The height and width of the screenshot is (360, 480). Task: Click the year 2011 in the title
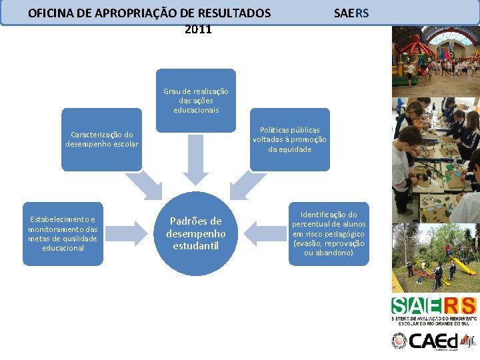[x=198, y=29]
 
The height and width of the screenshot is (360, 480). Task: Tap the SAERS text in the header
[x=351, y=13]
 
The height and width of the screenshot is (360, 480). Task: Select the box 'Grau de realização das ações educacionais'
[x=196, y=100]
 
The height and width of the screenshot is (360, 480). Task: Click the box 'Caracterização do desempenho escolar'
[x=102, y=139]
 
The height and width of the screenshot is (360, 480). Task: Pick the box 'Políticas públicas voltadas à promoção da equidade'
[x=289, y=139]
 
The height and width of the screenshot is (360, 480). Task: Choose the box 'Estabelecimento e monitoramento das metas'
[x=63, y=233]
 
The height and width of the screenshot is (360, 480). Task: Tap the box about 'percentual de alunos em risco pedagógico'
[x=329, y=233]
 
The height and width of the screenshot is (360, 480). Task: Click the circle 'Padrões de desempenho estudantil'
[x=196, y=233]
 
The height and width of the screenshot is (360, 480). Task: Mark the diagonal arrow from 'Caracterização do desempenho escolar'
[x=146, y=185]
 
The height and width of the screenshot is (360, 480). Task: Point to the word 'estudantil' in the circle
[x=196, y=246]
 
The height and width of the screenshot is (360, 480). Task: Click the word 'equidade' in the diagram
[x=289, y=149]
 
